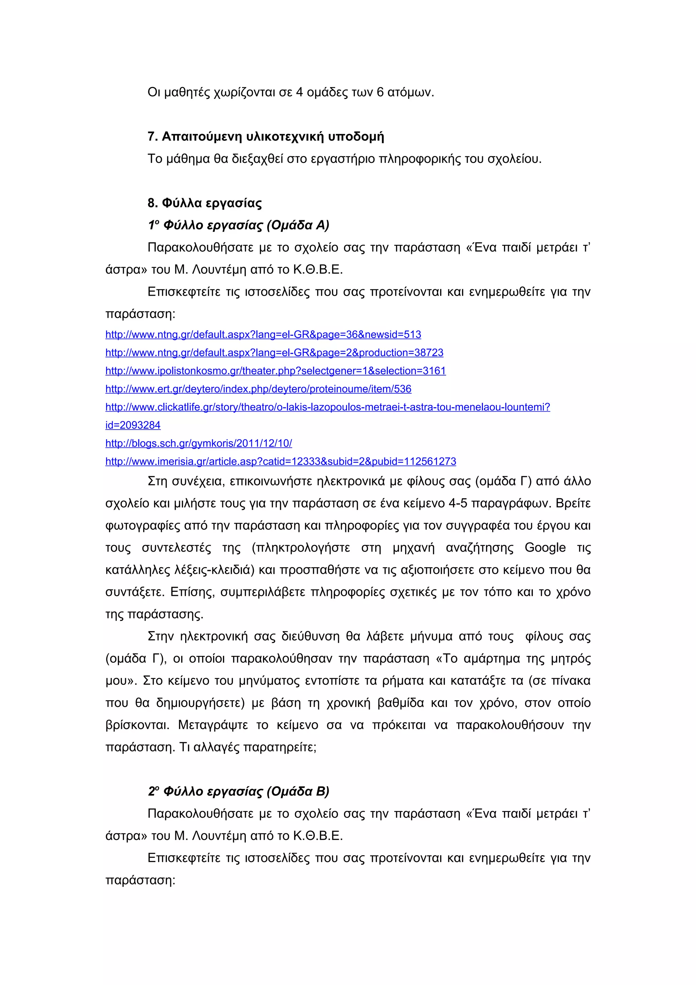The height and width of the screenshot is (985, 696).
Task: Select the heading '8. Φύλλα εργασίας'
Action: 205,203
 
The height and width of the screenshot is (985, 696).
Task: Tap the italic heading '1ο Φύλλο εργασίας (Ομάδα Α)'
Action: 239,225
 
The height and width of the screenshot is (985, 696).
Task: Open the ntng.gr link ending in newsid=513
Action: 263,335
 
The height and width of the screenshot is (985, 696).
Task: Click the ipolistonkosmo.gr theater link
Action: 275,371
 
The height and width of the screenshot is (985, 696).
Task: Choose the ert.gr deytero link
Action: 258,389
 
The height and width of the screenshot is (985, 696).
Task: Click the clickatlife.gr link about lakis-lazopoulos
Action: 328,407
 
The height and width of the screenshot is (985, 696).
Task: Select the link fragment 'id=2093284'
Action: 133,425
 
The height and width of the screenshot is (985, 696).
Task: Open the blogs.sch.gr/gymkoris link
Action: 198,443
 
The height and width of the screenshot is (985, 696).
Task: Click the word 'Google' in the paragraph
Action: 545,548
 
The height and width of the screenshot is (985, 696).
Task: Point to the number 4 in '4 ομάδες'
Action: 299,92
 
